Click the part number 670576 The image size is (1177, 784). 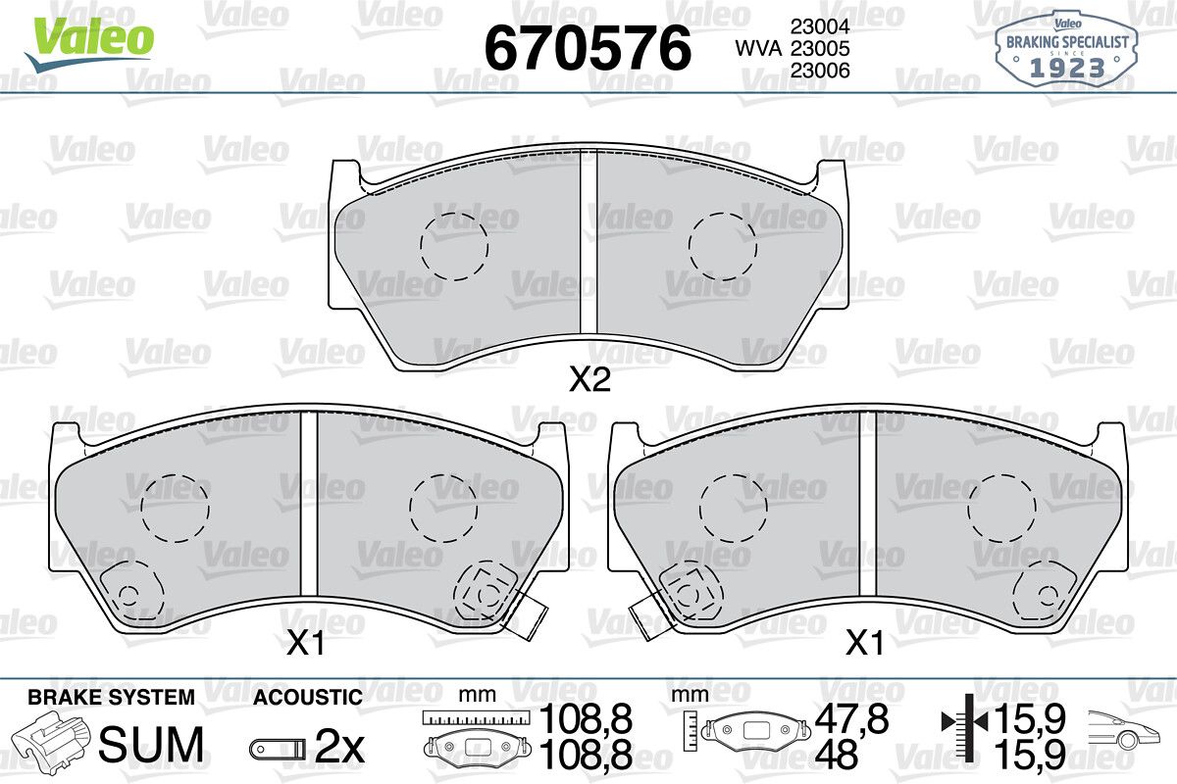click(x=588, y=48)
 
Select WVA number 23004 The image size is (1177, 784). click(x=820, y=26)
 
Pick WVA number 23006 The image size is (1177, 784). click(x=820, y=71)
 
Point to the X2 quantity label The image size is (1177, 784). click(x=589, y=379)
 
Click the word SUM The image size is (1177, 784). click(x=151, y=744)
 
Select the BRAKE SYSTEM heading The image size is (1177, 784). click(x=111, y=698)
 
